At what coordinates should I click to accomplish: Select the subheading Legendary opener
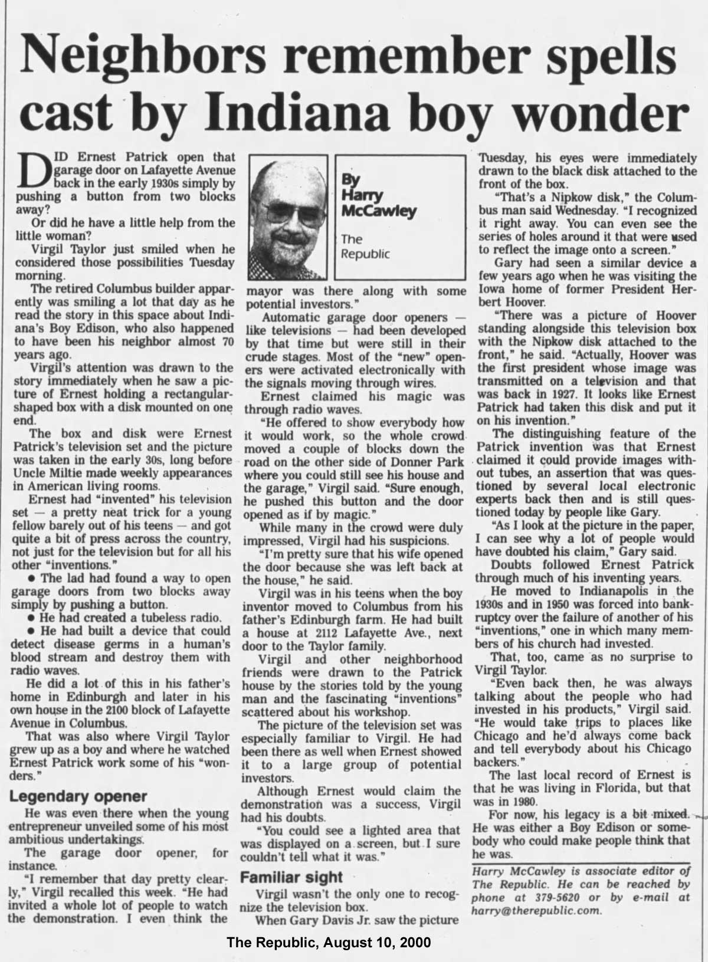coord(78,797)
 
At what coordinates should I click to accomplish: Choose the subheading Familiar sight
coord(292,877)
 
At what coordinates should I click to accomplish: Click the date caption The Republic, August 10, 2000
coord(329,943)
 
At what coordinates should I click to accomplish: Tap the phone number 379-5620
coord(542,898)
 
